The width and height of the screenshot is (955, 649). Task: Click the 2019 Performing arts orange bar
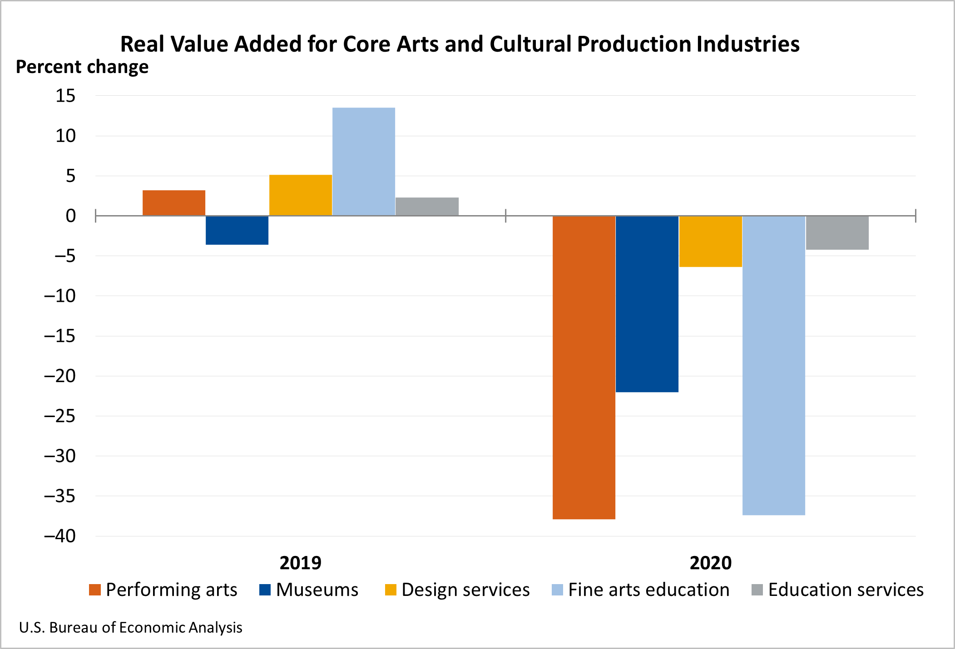coord(174,203)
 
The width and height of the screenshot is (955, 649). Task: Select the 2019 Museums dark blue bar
coord(237,230)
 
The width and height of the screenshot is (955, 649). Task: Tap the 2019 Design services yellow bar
coord(301,195)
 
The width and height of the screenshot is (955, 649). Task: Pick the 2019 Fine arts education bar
coord(364,162)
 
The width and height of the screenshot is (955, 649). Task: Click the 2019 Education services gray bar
coord(427,206)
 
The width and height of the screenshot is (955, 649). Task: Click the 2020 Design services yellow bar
coord(710,241)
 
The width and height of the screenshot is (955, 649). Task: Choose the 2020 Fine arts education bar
coord(774,365)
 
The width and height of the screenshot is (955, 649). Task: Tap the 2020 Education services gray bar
coord(837,232)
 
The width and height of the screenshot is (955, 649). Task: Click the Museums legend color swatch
coord(265,590)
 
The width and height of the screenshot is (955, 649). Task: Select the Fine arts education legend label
coord(649,590)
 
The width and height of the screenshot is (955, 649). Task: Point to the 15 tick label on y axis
coord(65,96)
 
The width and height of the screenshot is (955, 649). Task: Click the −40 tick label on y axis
coord(59,536)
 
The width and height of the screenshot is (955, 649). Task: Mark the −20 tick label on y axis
coord(59,376)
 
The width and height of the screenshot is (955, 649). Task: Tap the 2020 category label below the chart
coord(710,563)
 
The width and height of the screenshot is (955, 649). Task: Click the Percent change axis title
coord(82,67)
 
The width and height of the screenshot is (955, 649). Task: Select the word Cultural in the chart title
coord(530,44)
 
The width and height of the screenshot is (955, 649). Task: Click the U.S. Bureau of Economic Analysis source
coord(131,627)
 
